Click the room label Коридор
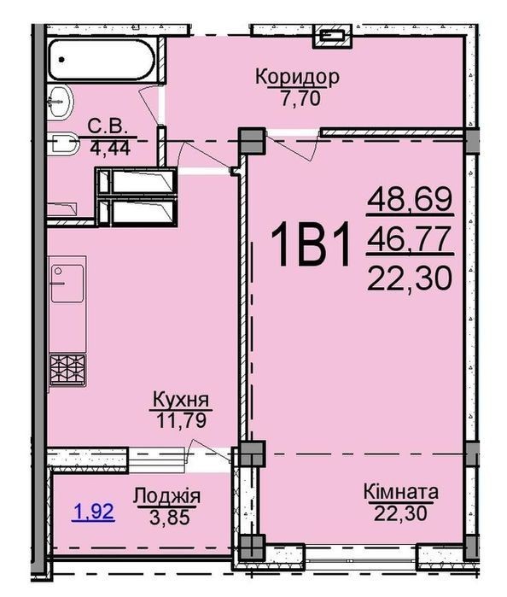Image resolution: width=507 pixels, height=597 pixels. click(x=297, y=77)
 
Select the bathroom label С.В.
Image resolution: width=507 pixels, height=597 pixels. click(x=108, y=126)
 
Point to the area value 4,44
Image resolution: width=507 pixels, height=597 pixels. click(x=110, y=148)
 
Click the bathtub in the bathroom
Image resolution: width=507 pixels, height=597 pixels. click(x=102, y=60)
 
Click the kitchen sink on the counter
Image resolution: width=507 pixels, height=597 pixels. click(x=67, y=284)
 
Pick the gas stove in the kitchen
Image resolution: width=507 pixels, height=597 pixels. click(x=67, y=370)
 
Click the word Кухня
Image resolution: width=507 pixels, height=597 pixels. click(x=181, y=401)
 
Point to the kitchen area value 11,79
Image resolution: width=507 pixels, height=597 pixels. click(x=181, y=420)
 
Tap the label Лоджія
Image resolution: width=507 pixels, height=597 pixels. click(x=166, y=496)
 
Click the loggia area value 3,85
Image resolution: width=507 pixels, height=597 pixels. click(x=170, y=517)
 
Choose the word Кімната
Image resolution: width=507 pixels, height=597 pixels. click(x=401, y=492)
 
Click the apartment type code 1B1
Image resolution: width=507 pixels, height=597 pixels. click(x=310, y=245)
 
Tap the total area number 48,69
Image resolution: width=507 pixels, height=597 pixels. click(x=411, y=200)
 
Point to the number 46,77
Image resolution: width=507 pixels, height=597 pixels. click(x=410, y=239)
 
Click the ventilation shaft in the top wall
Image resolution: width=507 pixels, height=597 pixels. click(x=333, y=37)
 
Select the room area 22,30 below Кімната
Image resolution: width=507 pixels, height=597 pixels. click(x=401, y=512)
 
